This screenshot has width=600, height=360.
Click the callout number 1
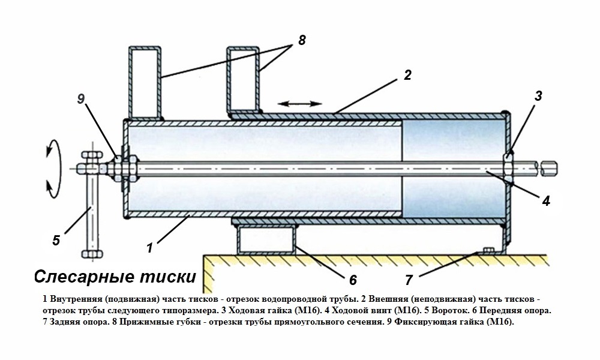click(151, 246)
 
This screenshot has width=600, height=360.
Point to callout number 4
click(545, 201)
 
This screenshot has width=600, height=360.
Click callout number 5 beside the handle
click(56, 240)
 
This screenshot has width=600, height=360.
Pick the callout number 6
click(353, 280)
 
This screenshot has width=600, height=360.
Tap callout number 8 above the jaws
click(301, 40)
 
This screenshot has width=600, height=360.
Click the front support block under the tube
click(266, 239)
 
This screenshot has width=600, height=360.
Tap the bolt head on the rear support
click(487, 250)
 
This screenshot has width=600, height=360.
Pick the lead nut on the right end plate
click(508, 164)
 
